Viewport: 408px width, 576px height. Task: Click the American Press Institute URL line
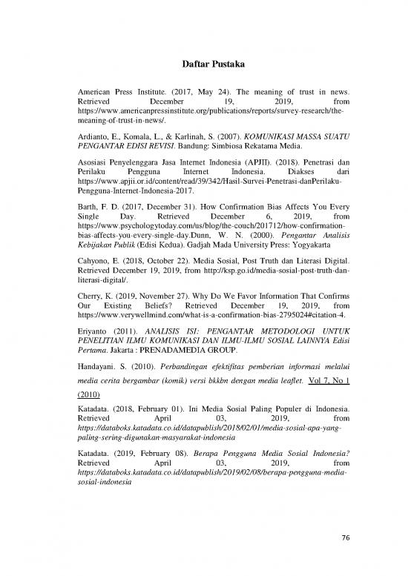[211, 116]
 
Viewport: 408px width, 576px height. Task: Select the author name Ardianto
[93, 137]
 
